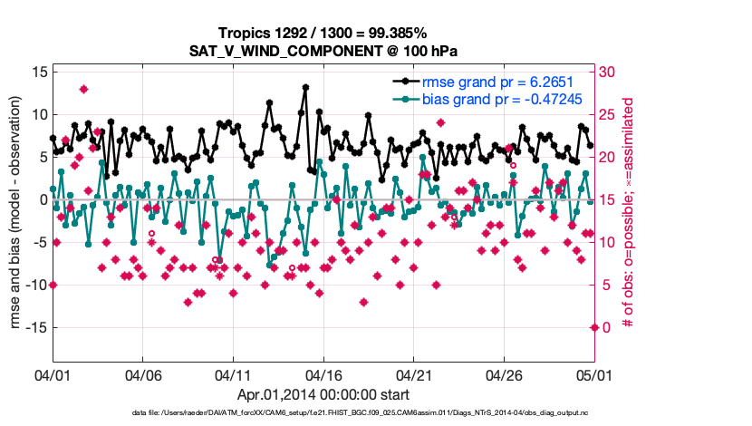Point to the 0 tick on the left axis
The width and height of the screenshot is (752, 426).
click(42, 199)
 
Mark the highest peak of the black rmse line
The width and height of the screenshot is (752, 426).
click(304, 87)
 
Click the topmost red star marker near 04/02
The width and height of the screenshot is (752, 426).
click(83, 89)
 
